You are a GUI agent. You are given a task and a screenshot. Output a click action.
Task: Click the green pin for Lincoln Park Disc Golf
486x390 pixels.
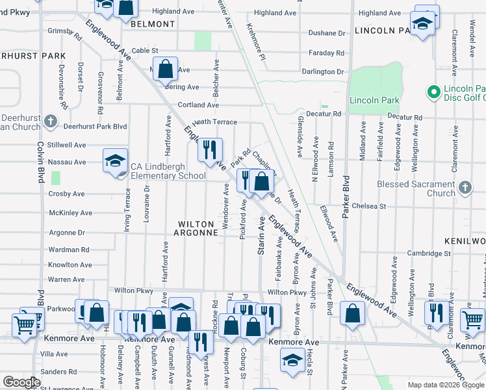coord(433,92)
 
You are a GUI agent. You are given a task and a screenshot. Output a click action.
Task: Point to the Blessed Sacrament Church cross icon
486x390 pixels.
coord(464,188)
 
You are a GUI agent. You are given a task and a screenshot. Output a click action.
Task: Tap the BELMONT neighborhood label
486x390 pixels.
coord(153,24)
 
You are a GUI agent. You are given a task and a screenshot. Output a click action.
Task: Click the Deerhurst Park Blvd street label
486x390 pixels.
coord(96,127)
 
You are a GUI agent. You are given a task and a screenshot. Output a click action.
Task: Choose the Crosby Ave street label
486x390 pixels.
coord(66,194)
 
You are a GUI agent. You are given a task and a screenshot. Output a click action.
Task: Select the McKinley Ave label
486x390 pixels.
coord(67,213)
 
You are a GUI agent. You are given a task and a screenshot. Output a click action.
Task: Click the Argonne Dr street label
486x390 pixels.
coord(68,232)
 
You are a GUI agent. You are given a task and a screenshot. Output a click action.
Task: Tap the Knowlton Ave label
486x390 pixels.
coord(70,265)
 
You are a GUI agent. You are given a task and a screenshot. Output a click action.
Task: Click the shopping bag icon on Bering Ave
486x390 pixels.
coord(166,69)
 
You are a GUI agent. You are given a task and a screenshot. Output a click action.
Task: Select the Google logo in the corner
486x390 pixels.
coord(21,382)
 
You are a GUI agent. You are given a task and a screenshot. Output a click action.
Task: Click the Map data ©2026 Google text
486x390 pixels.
coord(445,385)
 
